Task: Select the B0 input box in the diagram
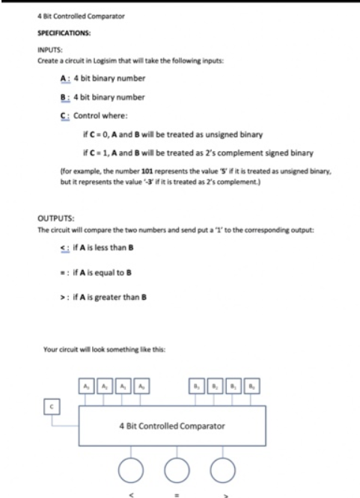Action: point(248,387)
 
